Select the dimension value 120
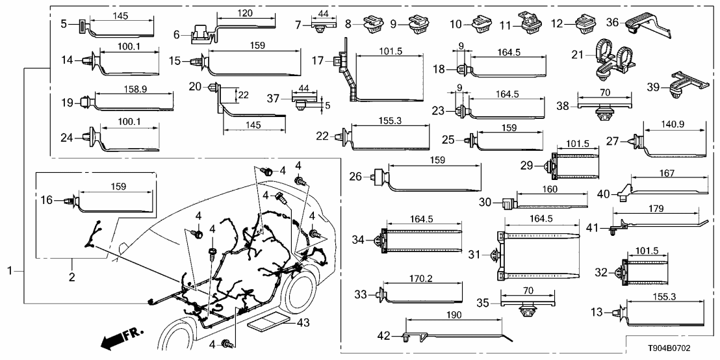pyautogui.click(x=245, y=14)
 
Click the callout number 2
pyautogui.click(x=71, y=277)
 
